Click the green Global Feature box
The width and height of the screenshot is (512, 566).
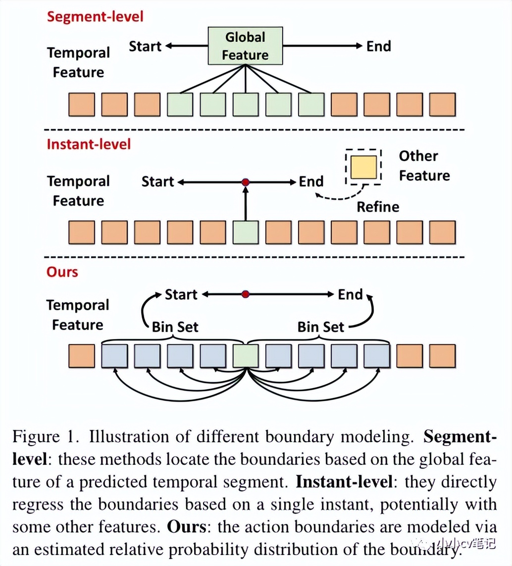(245, 46)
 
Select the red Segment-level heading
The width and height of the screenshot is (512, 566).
(95, 16)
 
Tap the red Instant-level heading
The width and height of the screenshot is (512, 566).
(89, 144)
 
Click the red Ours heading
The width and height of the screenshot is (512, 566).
(62, 272)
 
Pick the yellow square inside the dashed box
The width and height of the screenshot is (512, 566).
(363, 167)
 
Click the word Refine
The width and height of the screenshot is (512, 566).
(378, 206)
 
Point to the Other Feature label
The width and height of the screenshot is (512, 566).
(424, 166)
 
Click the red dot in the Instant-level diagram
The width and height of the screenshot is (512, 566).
(245, 182)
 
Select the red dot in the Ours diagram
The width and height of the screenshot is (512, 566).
(245, 294)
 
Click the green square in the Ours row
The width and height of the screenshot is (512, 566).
(245, 356)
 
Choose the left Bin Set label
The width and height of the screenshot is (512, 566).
(175, 327)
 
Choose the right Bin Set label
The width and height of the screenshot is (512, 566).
(320, 327)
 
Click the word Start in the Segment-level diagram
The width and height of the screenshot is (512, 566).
(145, 47)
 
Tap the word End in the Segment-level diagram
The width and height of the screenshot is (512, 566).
(379, 47)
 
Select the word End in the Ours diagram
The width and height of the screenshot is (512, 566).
(350, 294)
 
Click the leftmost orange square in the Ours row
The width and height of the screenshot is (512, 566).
(82, 356)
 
